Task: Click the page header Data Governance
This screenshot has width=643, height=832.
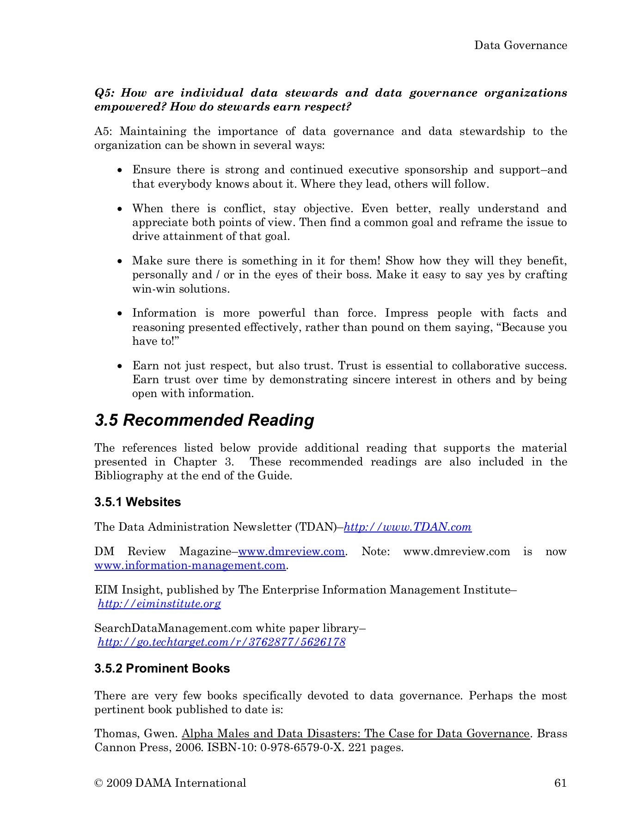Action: pyautogui.click(x=521, y=45)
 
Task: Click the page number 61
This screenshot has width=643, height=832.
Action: pyautogui.click(x=560, y=783)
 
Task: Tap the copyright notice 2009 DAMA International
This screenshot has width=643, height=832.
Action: pyautogui.click(x=170, y=783)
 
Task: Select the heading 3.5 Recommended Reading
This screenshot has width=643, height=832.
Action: pyautogui.click(x=204, y=420)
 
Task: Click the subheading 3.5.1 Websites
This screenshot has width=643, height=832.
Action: pyautogui.click(x=138, y=502)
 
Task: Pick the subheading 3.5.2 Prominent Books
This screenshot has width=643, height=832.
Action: pyautogui.click(x=162, y=668)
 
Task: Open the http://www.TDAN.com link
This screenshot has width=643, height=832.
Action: pyautogui.click(x=408, y=527)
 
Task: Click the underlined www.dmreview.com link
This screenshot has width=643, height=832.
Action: pyautogui.click(x=291, y=551)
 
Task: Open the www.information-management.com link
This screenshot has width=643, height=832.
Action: pyautogui.click(x=190, y=565)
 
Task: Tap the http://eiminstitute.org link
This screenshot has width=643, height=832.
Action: pyautogui.click(x=159, y=604)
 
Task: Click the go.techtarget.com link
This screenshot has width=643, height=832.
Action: pyautogui.click(x=221, y=642)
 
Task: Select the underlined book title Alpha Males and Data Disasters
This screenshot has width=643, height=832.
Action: pyautogui.click(x=355, y=734)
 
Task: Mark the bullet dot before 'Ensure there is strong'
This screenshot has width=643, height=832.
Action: pyautogui.click(x=120, y=171)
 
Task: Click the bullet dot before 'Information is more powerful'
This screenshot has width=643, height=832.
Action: pyautogui.click(x=120, y=314)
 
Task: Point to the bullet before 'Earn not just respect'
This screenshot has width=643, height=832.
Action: pyautogui.click(x=120, y=367)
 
